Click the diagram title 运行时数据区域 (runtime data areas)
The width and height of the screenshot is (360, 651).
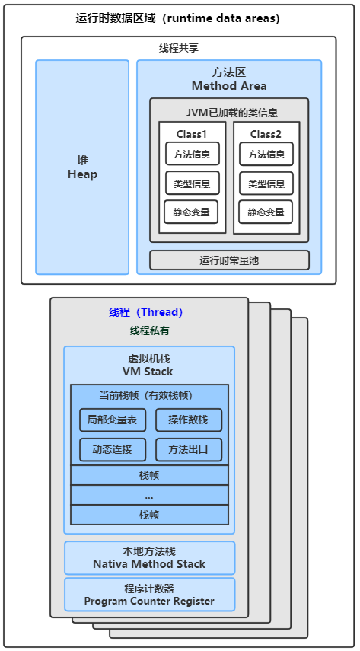(x=177, y=18)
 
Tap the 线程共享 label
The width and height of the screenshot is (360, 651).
(x=179, y=48)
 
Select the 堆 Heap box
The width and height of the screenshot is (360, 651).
(x=82, y=168)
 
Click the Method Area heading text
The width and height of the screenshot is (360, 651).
(x=229, y=86)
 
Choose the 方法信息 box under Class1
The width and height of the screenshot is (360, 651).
(x=192, y=154)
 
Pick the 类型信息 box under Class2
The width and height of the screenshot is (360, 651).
(x=266, y=183)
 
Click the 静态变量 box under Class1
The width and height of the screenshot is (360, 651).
(x=191, y=212)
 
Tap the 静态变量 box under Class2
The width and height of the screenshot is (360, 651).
(x=266, y=212)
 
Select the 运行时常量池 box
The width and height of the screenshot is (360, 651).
(x=229, y=260)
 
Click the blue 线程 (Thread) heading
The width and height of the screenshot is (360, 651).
(x=145, y=312)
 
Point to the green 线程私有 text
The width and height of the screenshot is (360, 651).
(x=149, y=331)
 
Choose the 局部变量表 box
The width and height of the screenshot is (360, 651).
(x=113, y=420)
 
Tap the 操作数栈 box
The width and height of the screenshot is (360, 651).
(x=189, y=420)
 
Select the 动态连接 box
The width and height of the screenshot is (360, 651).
(x=113, y=450)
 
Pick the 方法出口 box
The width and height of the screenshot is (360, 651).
(x=189, y=450)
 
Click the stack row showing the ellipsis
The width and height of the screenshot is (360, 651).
(x=149, y=495)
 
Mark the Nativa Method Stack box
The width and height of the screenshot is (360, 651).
(x=149, y=558)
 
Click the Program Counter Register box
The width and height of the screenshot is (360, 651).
(x=149, y=595)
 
